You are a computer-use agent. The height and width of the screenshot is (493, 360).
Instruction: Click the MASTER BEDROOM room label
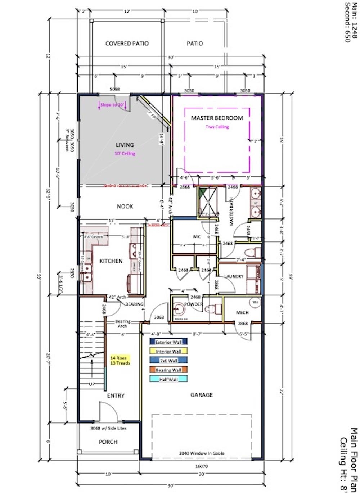click(x=217, y=118)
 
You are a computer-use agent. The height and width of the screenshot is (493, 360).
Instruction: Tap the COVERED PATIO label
click(x=127, y=44)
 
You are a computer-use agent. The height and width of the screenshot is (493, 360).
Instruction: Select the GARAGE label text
click(x=201, y=395)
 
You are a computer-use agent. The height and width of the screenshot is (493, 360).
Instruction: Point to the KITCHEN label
click(x=111, y=261)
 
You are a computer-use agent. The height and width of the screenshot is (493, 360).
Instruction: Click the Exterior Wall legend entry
click(x=168, y=342)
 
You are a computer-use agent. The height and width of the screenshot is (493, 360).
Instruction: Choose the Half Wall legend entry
click(x=168, y=379)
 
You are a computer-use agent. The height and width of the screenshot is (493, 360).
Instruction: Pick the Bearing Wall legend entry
click(x=168, y=370)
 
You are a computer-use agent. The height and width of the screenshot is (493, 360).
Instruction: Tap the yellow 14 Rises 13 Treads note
click(x=120, y=361)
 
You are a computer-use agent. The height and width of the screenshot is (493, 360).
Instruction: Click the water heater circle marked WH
click(x=256, y=302)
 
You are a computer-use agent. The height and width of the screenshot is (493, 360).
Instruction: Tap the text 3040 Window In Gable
click(x=202, y=453)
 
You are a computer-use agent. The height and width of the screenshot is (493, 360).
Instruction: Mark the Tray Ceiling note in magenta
click(x=217, y=127)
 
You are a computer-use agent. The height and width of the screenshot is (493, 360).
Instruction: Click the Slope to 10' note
click(x=112, y=105)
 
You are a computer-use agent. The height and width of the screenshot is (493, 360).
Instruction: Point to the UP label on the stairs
click(x=92, y=384)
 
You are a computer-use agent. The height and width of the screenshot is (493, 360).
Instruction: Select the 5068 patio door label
click(x=114, y=90)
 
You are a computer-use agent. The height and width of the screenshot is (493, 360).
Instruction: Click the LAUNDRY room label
click(x=234, y=276)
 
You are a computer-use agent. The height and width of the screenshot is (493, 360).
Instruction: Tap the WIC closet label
click(x=197, y=236)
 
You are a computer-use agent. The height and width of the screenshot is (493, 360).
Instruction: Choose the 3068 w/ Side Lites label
click(x=108, y=428)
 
